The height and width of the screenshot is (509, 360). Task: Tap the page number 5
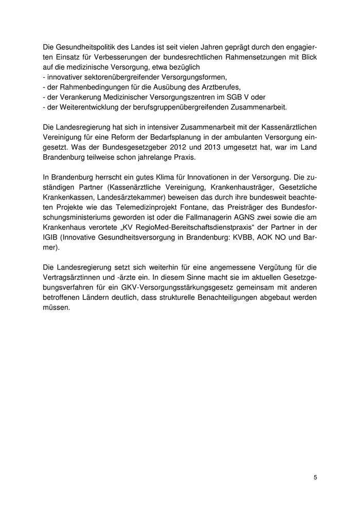coord(315,477)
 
